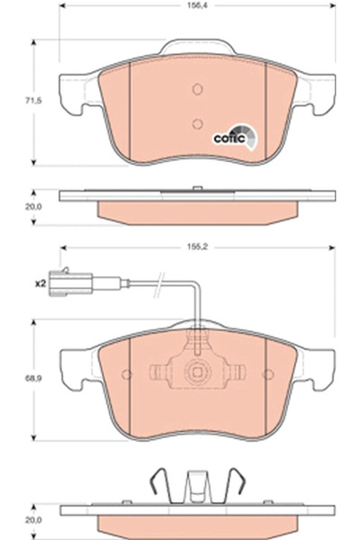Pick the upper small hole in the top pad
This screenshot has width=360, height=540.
(198, 89)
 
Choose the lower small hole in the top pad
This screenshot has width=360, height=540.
(198, 125)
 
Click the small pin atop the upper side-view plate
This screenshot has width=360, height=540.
(197, 187)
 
